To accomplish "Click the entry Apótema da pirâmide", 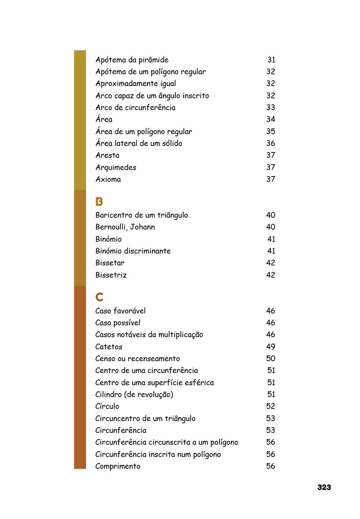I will coord(132,60).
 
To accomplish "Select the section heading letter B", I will coord(99,202).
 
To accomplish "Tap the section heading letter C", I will coord(99,297).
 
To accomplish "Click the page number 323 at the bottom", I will coord(324,487).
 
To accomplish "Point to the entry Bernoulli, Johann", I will coord(125,227).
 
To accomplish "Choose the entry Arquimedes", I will coord(116,168).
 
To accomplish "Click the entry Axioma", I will coord(108,179).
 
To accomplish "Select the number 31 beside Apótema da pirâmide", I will coord(271,60).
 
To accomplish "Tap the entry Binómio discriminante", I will coord(133,251).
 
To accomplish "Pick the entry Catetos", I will coord(109,347).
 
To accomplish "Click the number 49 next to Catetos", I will coord(271,347).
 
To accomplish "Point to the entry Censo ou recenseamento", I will coord(138,359).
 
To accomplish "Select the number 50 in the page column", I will coord(271,359).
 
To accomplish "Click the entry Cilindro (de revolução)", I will coord(134,395).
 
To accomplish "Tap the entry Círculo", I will coord(107,406).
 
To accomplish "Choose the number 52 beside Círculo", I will coord(271,406).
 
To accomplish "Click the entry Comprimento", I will coord(118,466).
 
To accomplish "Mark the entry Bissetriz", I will coord(111,275).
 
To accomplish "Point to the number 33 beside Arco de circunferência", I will coord(271,108).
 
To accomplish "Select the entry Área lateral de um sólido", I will coord(139,143).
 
